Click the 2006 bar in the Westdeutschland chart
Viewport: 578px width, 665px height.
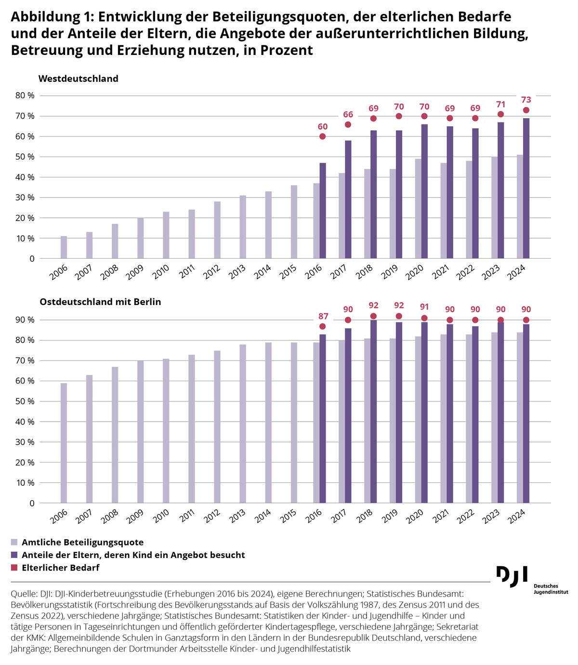point(64,247)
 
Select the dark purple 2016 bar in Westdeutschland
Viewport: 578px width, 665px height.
point(323,211)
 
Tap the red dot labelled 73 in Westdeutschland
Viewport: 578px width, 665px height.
point(526,110)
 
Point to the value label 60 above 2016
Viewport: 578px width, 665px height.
point(322,127)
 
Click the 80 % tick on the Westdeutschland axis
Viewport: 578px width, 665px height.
point(25,95)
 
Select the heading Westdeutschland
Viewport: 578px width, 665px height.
point(79,79)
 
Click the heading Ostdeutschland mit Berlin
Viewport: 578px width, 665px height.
point(100,302)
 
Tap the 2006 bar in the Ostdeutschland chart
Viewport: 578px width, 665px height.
point(64,443)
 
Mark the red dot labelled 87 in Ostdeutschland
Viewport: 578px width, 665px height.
point(322,326)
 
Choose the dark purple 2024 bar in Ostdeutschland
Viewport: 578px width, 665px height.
point(526,413)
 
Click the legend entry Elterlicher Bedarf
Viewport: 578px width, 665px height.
point(67,568)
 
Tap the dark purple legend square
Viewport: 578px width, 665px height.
point(14,555)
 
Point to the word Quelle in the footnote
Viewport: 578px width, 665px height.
point(22,593)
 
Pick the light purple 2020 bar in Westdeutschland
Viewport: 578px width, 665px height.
point(418,209)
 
